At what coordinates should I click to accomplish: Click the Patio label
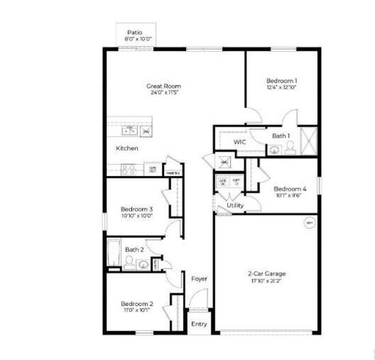135,32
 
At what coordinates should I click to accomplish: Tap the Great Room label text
163,86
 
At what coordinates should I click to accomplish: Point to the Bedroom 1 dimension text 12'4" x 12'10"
282,88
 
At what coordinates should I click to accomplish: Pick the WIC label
240,142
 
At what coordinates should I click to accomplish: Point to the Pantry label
172,172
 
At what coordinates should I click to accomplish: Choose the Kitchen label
127,148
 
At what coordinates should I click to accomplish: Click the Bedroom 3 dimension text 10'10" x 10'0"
136,215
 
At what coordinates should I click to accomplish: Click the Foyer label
199,279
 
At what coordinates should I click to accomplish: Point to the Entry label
198,324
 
